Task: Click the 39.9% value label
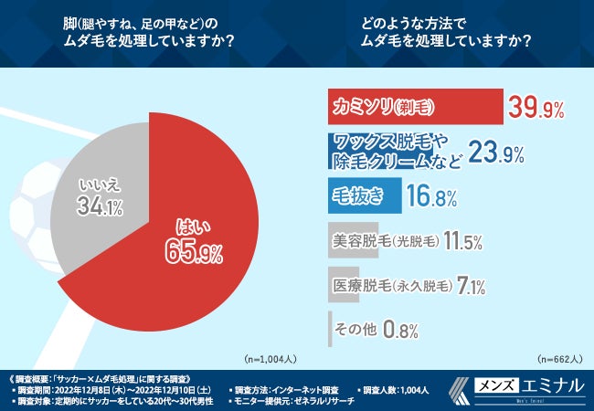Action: coord(537,108)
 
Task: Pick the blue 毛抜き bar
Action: coord(364,195)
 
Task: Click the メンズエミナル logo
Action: coord(517,388)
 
